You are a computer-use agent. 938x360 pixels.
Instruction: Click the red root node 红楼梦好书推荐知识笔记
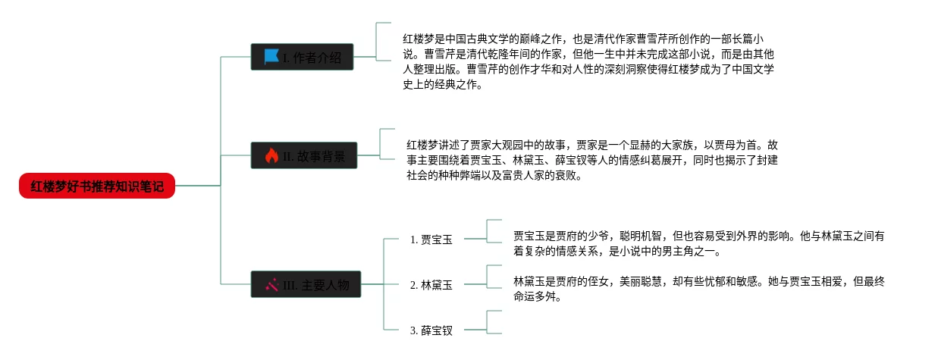click(97, 186)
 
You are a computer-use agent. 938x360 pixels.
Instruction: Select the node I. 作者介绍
click(303, 57)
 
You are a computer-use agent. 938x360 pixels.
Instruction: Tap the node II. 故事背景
click(303, 156)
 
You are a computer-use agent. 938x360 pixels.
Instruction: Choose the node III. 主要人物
click(303, 285)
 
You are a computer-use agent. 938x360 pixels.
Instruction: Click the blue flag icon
click(271, 57)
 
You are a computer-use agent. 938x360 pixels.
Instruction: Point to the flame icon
click(271, 156)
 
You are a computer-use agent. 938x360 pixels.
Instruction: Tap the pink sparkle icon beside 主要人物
click(271, 285)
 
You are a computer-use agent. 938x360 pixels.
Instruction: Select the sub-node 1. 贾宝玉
click(431, 239)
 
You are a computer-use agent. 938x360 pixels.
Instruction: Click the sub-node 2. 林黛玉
click(431, 285)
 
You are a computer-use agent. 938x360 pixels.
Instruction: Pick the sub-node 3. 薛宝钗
click(431, 330)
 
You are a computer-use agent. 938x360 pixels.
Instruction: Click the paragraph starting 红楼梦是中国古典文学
click(588, 61)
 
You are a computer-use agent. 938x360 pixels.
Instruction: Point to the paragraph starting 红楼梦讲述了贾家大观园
click(591, 160)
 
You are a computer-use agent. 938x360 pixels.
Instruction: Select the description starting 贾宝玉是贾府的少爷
click(698, 243)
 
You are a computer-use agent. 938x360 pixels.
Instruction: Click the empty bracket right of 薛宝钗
click(494, 322)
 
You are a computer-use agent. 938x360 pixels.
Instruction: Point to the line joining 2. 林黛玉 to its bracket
click(474, 285)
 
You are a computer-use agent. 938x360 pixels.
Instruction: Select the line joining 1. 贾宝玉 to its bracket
click(474, 239)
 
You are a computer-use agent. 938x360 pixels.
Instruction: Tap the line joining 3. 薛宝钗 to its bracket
click(474, 330)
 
